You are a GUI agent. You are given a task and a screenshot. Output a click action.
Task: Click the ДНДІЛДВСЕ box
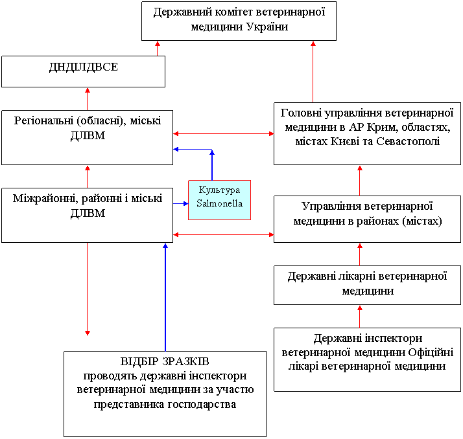pyautogui.click(x=83, y=72)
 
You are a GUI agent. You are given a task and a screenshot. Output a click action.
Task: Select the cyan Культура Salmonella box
pyautogui.click(x=219, y=200)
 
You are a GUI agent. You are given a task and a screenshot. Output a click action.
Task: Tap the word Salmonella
pyautogui.click(x=219, y=203)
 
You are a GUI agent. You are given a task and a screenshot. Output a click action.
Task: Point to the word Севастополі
pyautogui.click(x=408, y=142)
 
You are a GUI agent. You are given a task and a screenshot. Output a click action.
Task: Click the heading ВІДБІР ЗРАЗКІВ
pyautogui.click(x=165, y=361)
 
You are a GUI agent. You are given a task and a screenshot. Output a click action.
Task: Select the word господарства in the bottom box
pyautogui.click(x=202, y=405)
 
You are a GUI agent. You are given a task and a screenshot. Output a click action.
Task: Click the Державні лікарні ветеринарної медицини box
pyautogui.click(x=367, y=285)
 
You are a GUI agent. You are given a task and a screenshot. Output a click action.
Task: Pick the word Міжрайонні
pyautogui.click(x=45, y=198)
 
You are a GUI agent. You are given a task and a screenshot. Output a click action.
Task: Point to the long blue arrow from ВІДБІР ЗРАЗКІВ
pyautogui.click(x=165, y=297)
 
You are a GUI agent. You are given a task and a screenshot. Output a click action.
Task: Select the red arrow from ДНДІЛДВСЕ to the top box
pyautogui.click(x=158, y=49)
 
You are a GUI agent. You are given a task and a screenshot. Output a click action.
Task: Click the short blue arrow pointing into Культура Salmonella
pyautogui.click(x=181, y=203)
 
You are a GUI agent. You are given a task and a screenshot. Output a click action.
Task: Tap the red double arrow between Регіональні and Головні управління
pyautogui.click(x=224, y=133)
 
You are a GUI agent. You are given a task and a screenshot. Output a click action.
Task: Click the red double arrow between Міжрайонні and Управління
pyautogui.click(x=224, y=234)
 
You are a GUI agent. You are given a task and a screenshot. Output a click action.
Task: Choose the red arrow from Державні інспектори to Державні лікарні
pyautogui.click(x=360, y=317)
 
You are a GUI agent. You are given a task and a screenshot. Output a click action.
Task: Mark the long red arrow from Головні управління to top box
pyautogui.click(x=313, y=72)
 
